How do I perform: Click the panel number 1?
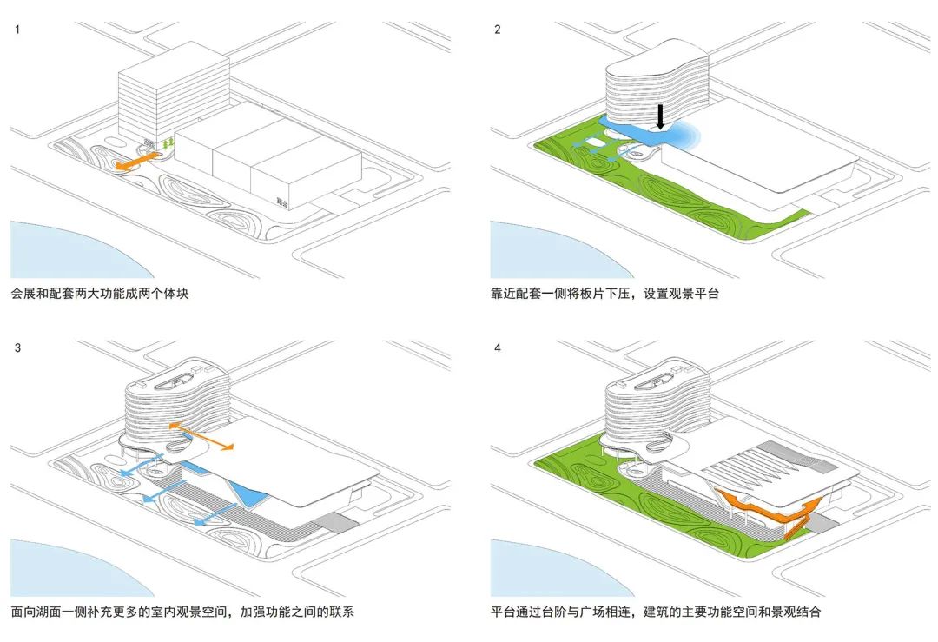[17, 30]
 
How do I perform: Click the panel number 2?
[497, 30]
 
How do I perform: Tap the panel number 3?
[17, 348]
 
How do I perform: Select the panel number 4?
[497, 348]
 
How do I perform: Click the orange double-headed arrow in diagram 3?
[201, 436]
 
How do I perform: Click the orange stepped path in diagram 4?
[764, 509]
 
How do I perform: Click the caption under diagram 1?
[99, 294]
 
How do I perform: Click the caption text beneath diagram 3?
[182, 612]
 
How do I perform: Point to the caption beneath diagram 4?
[656, 612]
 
